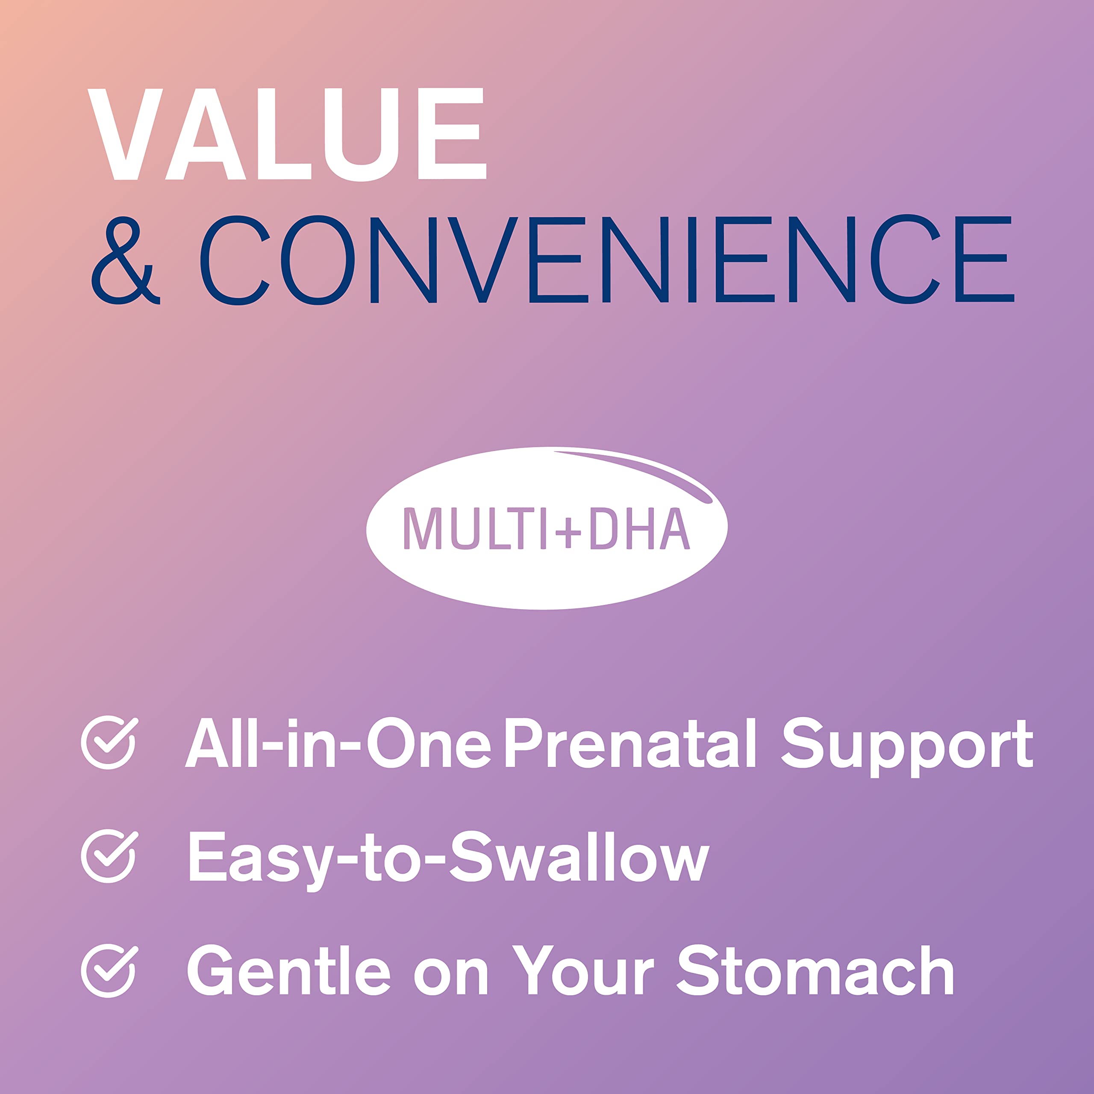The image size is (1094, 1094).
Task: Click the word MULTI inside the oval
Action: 465,528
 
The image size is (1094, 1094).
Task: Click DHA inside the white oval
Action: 639,528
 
